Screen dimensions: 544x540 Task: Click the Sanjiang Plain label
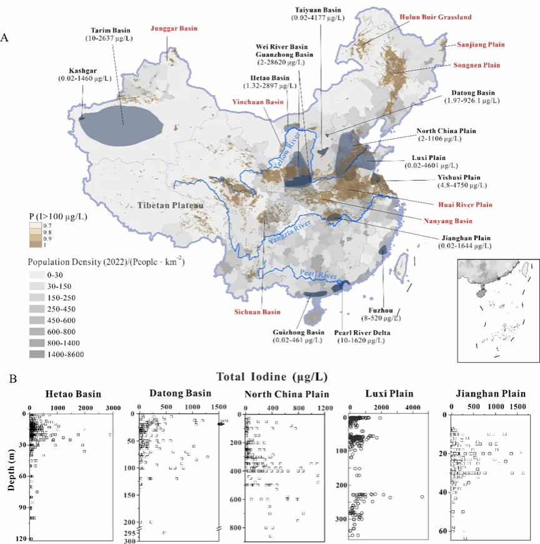point(481,44)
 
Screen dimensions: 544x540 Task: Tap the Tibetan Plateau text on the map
point(170,205)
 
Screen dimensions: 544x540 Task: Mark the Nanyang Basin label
point(446,221)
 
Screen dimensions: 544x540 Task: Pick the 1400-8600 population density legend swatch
point(36,355)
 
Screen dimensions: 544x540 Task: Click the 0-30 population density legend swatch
point(36,276)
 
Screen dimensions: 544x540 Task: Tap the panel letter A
point(5,38)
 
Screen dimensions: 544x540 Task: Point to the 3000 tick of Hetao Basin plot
point(112,408)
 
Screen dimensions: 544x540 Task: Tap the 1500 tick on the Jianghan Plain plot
point(518,406)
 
